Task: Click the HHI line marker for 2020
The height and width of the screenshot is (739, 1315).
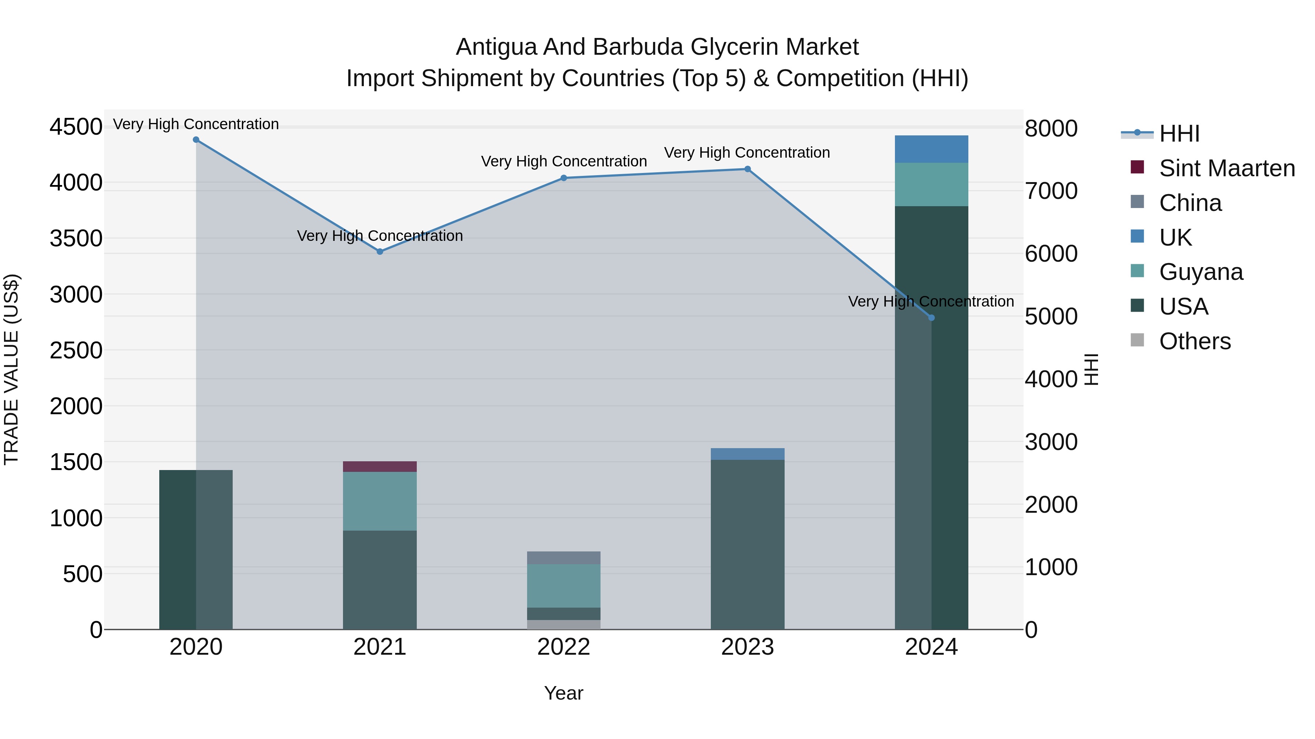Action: point(196,140)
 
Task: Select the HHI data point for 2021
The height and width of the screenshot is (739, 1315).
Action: point(380,251)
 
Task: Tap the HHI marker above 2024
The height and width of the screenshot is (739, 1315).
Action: point(931,318)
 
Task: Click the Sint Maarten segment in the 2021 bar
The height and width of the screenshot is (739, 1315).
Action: point(380,467)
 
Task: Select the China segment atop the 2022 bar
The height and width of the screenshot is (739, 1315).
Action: point(564,557)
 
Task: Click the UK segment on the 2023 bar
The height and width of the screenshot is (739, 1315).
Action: point(747,454)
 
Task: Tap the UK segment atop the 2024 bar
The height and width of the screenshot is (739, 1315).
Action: point(931,149)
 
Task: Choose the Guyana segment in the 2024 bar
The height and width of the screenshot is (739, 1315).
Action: point(931,184)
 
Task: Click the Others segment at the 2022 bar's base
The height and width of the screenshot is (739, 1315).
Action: point(564,625)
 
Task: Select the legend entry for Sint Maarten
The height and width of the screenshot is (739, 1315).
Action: point(1227,168)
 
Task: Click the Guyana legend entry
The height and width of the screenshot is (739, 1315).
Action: point(1201,272)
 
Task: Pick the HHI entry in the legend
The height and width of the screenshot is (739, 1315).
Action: point(1179,134)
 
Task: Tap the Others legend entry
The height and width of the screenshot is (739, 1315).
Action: point(1194,341)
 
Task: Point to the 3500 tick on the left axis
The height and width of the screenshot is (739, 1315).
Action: point(76,238)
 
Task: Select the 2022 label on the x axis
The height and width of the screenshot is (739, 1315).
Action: point(564,647)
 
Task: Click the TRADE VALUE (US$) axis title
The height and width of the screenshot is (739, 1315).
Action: point(11,369)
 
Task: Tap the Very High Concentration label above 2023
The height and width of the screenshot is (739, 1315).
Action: point(747,153)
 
